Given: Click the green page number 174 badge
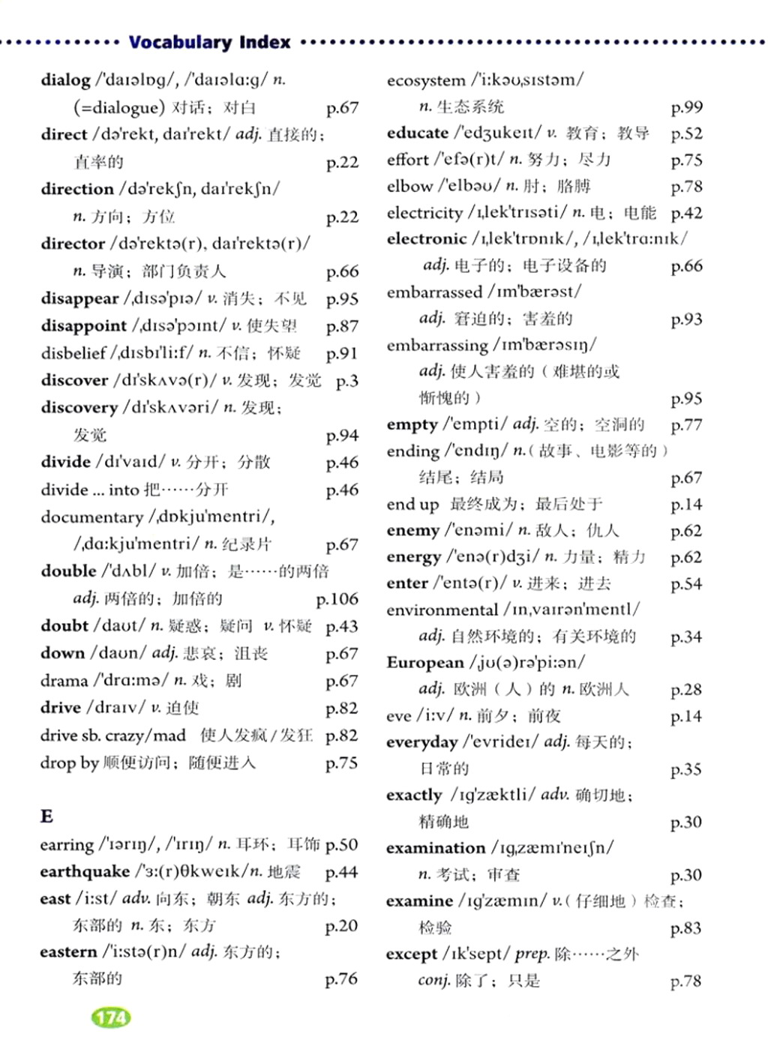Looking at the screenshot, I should (111, 1018).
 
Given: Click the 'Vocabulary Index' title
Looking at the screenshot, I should (209, 42).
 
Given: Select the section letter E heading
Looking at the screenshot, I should (46, 816).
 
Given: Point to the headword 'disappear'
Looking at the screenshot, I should (79, 298).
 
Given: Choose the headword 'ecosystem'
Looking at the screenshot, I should (425, 80).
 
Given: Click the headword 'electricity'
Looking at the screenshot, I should (424, 213).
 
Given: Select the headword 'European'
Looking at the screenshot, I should (424, 663).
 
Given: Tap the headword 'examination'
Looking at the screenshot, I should (435, 848).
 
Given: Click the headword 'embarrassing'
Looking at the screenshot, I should (436, 346).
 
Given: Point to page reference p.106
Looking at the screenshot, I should (337, 598).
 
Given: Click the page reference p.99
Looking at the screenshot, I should (686, 107).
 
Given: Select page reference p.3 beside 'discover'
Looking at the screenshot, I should (346, 381).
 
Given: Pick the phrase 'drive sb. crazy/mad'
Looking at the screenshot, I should (112, 736).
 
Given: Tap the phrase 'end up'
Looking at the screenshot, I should (412, 505).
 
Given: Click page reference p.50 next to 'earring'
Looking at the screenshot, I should (341, 844).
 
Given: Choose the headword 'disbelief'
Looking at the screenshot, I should (73, 353).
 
